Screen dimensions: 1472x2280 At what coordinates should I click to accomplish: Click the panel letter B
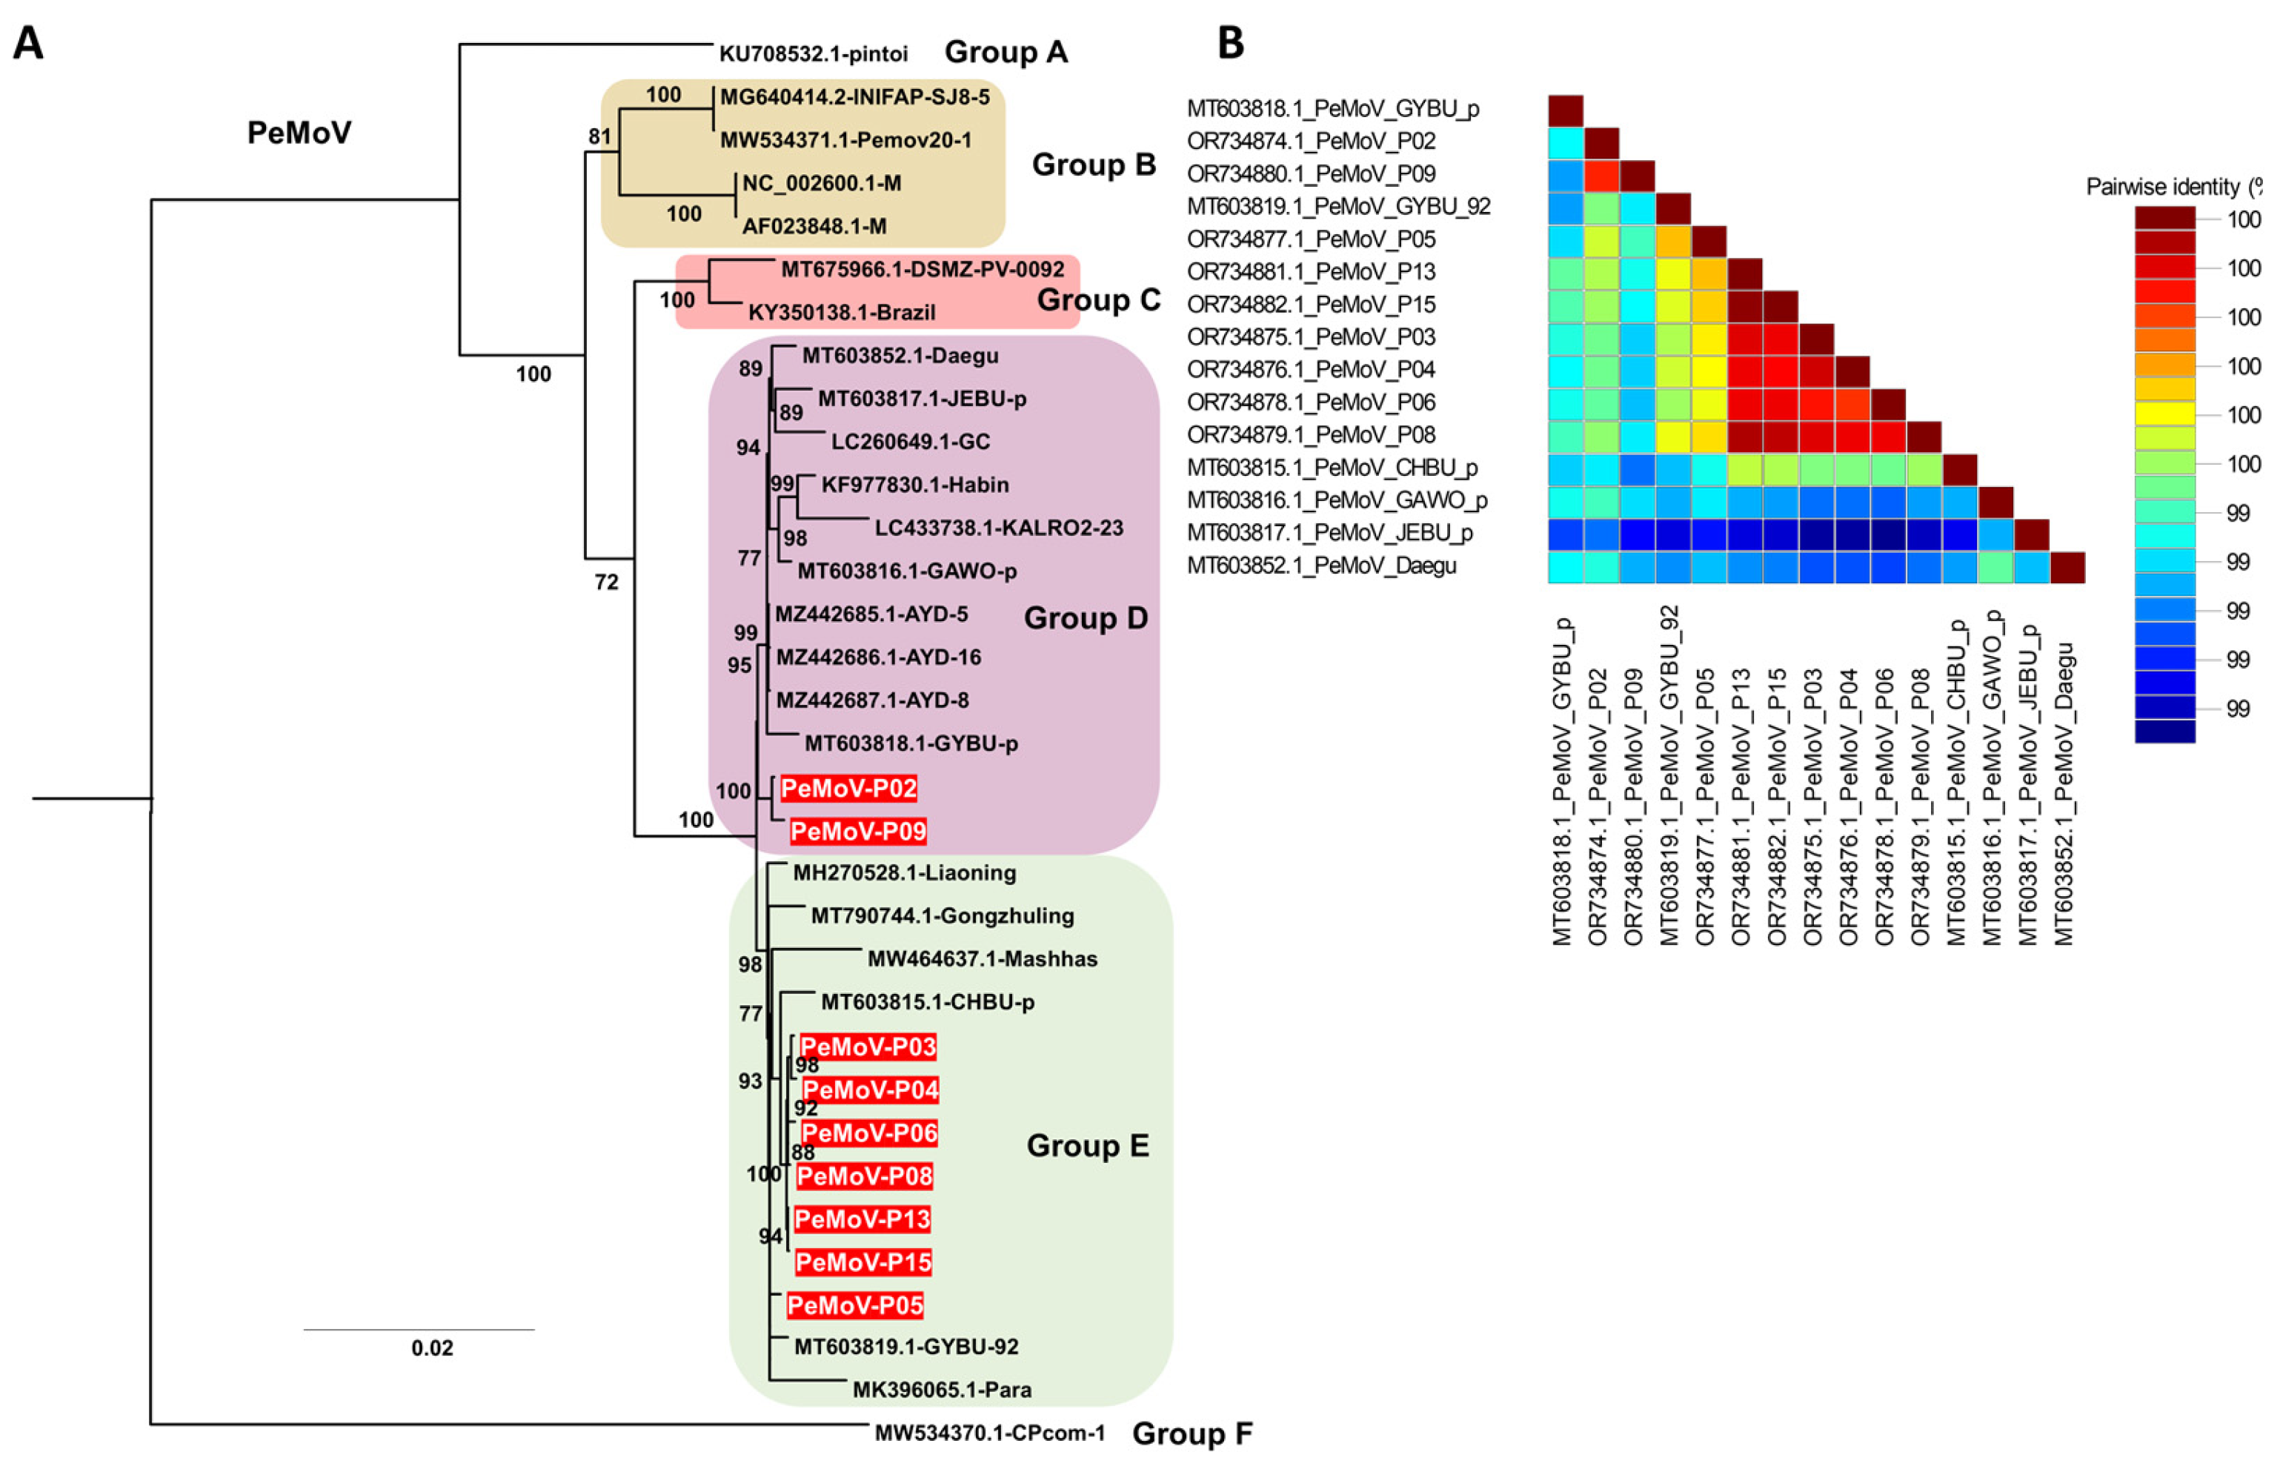click(x=1231, y=43)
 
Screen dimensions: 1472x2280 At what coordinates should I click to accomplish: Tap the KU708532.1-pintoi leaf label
click(x=813, y=53)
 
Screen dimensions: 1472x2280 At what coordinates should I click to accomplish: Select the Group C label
click(x=1098, y=300)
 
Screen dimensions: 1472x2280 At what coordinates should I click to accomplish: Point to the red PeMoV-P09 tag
click(x=858, y=832)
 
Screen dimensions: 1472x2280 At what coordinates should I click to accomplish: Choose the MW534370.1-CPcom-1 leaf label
click(x=990, y=1433)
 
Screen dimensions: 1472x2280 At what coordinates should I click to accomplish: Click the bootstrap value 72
click(x=606, y=582)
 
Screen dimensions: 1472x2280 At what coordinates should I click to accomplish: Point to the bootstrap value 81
click(x=599, y=136)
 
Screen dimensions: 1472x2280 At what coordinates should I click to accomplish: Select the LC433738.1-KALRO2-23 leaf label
click(x=999, y=528)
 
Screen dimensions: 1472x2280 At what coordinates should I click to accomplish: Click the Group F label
click(x=1191, y=1433)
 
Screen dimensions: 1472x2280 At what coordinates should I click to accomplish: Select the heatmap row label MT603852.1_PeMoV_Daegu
click(x=1322, y=566)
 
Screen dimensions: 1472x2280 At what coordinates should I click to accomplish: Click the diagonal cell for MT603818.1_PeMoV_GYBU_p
click(x=1565, y=111)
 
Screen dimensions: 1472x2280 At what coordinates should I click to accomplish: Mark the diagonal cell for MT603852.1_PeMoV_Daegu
click(x=2067, y=567)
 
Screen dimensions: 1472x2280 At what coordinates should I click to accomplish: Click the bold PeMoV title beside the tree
click(x=299, y=133)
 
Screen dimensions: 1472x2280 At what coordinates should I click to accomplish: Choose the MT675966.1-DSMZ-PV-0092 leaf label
click(x=922, y=270)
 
